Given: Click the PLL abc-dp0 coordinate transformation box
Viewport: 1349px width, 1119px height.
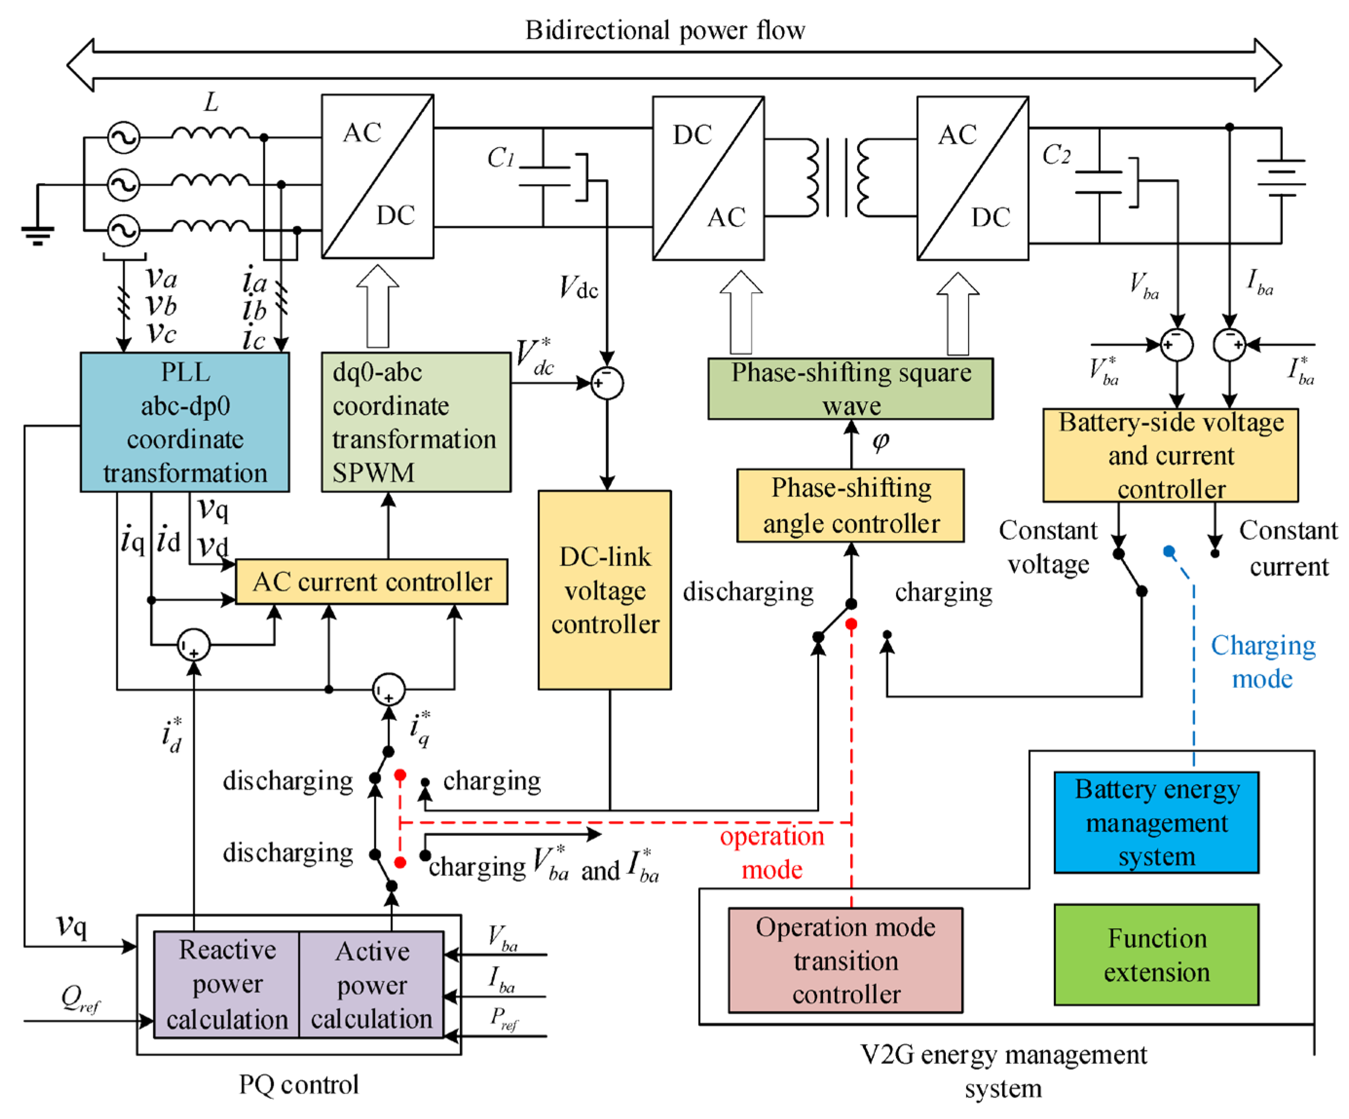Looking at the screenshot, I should [185, 422].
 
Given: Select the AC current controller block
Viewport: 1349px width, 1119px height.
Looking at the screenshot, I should [371, 582].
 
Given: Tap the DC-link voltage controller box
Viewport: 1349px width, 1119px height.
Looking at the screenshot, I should [604, 590].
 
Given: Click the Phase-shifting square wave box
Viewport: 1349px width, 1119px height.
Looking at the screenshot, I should [850, 389].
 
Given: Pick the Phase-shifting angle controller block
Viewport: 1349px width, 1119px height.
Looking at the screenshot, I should [850, 505].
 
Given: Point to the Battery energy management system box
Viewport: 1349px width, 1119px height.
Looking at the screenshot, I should [1156, 822].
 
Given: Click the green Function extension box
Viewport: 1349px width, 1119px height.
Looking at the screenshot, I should [1156, 954].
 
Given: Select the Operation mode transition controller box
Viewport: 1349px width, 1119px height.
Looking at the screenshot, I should [845, 960].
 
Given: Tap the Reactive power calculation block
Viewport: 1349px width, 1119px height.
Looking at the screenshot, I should [227, 984].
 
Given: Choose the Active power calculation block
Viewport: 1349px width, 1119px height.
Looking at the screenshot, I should [371, 984].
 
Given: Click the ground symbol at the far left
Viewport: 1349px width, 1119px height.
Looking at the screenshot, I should [37, 234].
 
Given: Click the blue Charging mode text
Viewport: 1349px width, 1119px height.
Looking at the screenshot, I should [1262, 662].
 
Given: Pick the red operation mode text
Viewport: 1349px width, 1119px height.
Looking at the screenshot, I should [771, 853].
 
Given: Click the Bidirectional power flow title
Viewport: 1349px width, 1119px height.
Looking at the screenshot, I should [665, 30].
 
